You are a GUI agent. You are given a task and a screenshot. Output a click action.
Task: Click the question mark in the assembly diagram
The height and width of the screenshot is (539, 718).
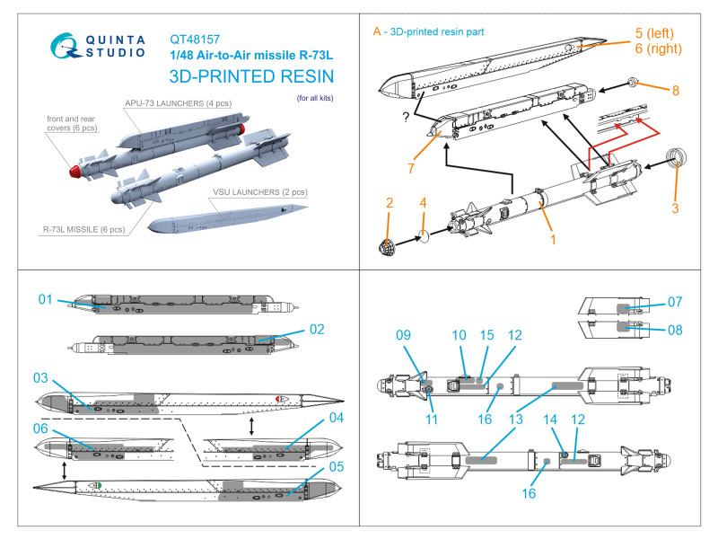click(408, 118)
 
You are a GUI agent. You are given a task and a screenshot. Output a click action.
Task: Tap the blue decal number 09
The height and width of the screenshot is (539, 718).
click(403, 336)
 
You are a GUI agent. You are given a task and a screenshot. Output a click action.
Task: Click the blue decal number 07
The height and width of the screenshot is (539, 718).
click(675, 302)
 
